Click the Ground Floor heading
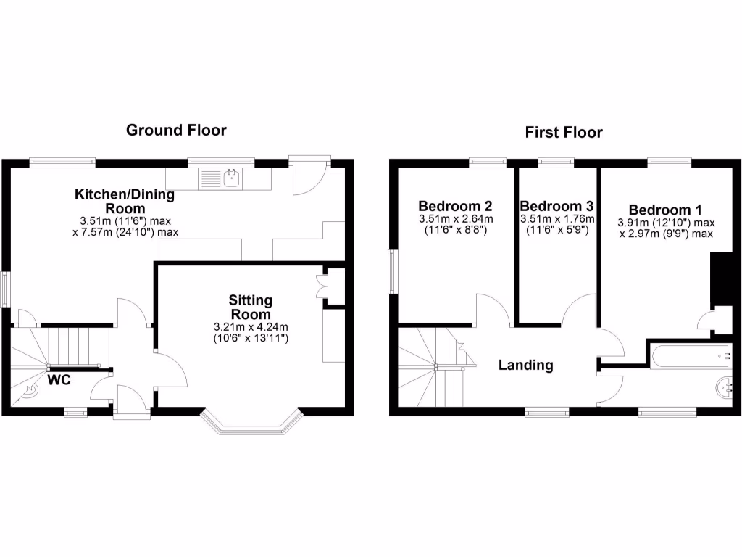[x=176, y=131]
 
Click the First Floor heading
[x=564, y=133]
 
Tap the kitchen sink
[x=232, y=178]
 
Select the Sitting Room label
[x=250, y=307]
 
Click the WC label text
[x=59, y=379]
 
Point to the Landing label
[x=525, y=366]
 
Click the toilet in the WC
[x=31, y=391]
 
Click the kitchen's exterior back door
[x=309, y=177]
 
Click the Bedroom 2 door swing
[x=493, y=308]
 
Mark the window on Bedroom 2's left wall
[x=393, y=272]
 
